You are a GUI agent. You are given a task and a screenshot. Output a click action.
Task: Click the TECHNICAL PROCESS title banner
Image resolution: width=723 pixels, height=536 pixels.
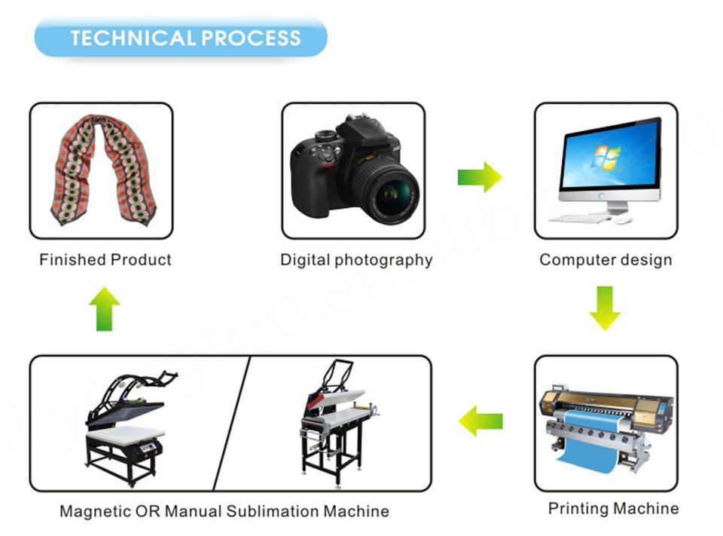pyautogui.click(x=181, y=38)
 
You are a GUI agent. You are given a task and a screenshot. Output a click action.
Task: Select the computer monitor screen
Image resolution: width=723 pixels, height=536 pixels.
pyautogui.click(x=611, y=161)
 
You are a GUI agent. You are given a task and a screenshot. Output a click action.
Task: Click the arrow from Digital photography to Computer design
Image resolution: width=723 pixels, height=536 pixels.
pyautogui.click(x=479, y=177)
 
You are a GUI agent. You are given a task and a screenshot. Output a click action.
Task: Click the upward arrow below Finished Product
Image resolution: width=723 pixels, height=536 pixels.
pyautogui.click(x=104, y=309)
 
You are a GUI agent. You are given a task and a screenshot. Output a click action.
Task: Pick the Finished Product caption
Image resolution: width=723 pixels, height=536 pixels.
pyautogui.click(x=105, y=260)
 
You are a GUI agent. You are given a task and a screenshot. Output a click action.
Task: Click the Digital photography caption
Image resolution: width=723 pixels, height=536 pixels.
pyautogui.click(x=356, y=260)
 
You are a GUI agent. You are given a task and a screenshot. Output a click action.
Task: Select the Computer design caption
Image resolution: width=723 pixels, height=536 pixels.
pyautogui.click(x=606, y=260)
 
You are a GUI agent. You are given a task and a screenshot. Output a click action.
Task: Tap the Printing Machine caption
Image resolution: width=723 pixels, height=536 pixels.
pyautogui.click(x=613, y=508)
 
